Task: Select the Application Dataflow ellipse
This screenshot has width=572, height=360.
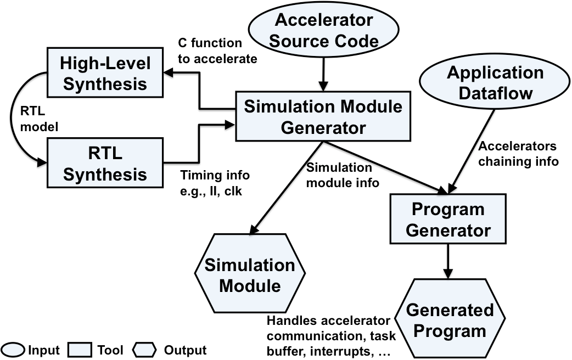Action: tap(495, 83)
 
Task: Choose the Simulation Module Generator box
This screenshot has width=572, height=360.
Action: tap(323, 116)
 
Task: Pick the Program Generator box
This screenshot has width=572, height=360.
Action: tap(448, 219)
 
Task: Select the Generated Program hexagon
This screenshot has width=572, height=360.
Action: tap(450, 320)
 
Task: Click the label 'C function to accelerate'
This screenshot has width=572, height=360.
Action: tap(217, 50)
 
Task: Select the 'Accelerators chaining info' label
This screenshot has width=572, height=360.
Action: tap(517, 154)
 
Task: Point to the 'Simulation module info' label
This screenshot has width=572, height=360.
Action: tap(342, 175)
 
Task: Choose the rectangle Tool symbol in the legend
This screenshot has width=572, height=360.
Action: tap(78, 350)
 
